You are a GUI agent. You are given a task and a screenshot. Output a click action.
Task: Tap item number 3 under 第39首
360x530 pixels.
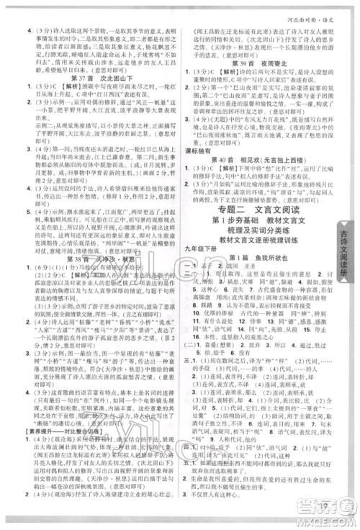tap(192, 130)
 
